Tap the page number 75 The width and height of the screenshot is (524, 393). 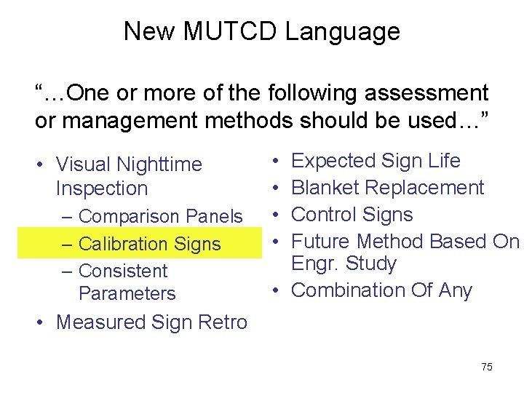click(487, 367)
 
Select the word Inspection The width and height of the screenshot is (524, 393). click(102, 188)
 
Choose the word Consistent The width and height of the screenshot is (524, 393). click(122, 271)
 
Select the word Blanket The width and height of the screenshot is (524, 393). click(325, 188)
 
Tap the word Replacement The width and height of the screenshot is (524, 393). click(424, 188)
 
